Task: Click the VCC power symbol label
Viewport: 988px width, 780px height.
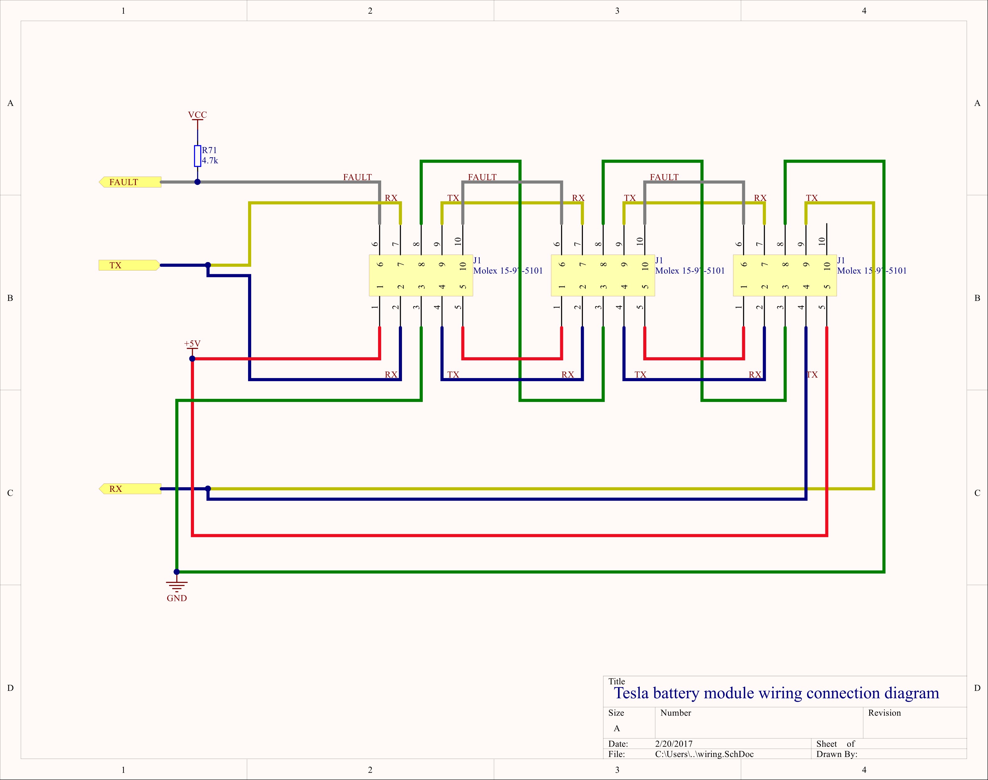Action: click(x=197, y=115)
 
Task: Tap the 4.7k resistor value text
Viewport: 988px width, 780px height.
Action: click(x=210, y=161)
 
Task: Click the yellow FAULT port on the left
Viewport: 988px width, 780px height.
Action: click(x=130, y=182)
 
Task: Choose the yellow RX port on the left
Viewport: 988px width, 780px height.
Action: click(x=130, y=489)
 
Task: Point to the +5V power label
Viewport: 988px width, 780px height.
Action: click(x=192, y=344)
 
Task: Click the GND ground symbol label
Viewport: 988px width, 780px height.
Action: click(x=177, y=598)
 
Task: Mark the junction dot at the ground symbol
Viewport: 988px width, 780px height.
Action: click(x=177, y=572)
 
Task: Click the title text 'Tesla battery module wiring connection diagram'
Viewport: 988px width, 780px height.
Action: click(x=777, y=693)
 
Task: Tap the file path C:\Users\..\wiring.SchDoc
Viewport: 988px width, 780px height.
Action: click(x=704, y=754)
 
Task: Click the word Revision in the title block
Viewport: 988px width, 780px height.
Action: click(x=884, y=713)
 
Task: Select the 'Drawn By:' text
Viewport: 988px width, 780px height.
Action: click(x=837, y=754)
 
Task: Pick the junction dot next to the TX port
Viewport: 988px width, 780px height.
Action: click(x=208, y=265)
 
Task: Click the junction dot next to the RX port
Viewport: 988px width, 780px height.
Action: click(x=208, y=489)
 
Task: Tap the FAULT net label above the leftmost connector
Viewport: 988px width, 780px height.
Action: click(x=358, y=177)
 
